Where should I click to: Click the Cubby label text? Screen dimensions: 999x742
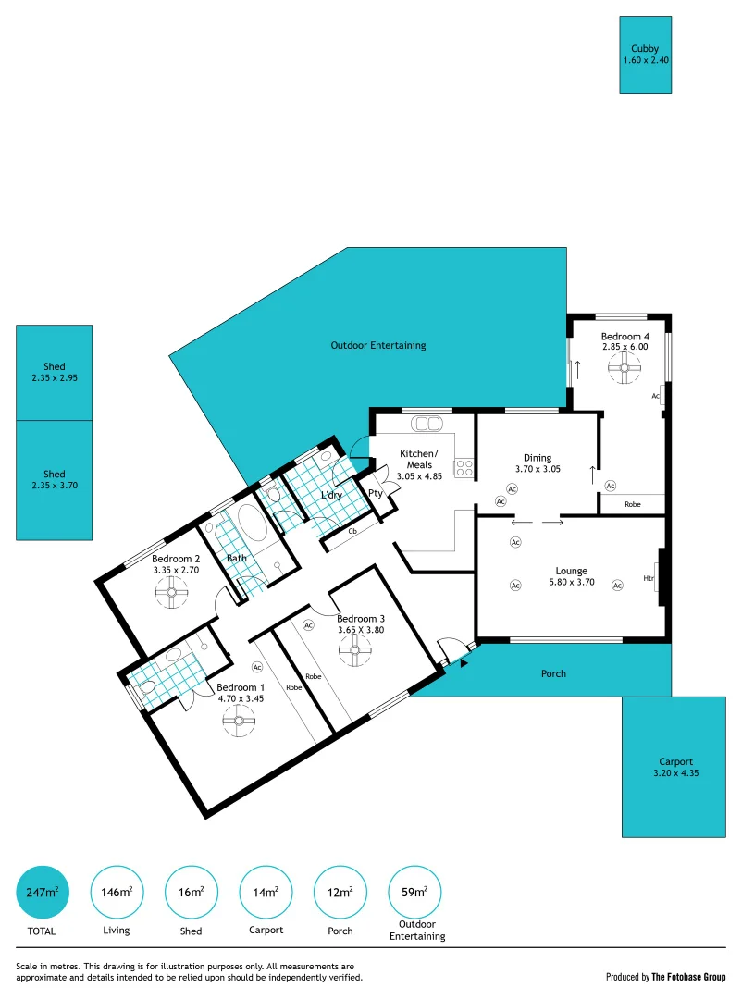coord(645,48)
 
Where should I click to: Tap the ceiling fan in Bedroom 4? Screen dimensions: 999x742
coord(625,369)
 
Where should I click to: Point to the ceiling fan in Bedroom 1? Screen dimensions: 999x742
coord(239,721)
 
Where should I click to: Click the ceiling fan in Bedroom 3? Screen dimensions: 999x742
coord(351,650)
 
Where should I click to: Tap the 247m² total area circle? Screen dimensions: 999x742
coord(43,892)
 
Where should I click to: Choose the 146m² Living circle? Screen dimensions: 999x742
coord(117,892)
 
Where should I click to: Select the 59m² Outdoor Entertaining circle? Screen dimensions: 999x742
coord(414,892)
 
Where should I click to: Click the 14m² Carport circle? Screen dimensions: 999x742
coord(266,892)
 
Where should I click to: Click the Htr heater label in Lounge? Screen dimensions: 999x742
coord(648,579)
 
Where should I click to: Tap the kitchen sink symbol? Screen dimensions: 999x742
coord(427,424)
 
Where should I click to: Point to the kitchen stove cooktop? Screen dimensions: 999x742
coord(464,468)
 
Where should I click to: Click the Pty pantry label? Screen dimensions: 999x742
coord(376,493)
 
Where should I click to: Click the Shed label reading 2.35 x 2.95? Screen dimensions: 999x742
coord(55,378)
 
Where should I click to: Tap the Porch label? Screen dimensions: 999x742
coord(553,673)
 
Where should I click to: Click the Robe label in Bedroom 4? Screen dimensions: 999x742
coord(633,504)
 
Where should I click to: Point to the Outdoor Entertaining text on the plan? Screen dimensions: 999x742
coord(378,345)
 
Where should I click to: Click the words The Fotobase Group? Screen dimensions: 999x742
coord(688,977)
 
